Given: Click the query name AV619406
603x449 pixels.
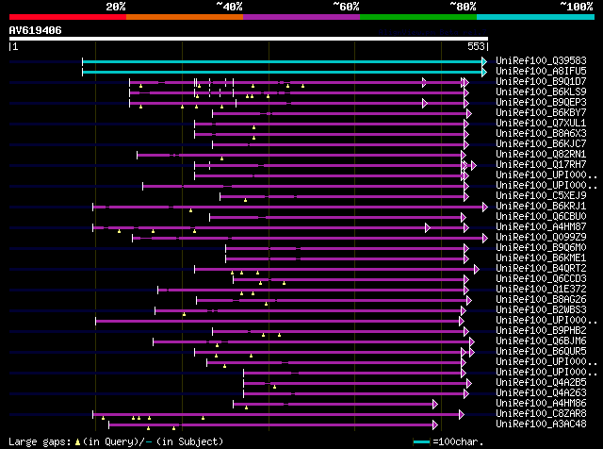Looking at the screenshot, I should [36, 30].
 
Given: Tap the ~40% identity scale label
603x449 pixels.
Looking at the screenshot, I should [229, 7].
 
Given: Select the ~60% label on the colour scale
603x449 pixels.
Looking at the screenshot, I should [346, 7].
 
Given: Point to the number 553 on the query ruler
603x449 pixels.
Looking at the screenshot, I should [476, 46].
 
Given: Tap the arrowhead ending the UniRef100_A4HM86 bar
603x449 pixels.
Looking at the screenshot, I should [434, 404].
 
